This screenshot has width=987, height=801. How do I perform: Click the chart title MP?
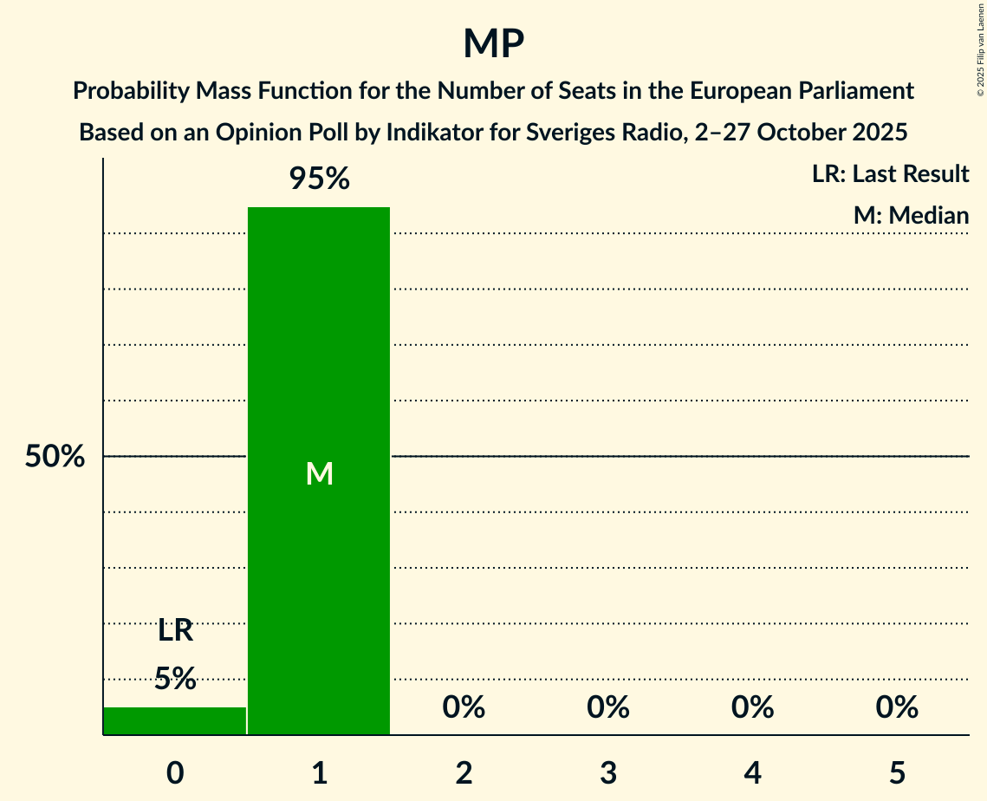click(493, 43)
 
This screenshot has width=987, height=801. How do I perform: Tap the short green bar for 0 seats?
click(175, 721)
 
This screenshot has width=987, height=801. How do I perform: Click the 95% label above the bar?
click(319, 179)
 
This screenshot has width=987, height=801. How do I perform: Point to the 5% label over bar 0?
click(175, 679)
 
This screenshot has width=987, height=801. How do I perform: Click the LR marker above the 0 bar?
click(175, 631)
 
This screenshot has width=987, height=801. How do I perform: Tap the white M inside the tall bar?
click(319, 473)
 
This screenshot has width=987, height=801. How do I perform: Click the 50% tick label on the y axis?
click(55, 457)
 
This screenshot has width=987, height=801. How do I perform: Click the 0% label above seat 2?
click(464, 708)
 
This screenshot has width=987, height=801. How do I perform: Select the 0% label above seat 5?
click(896, 708)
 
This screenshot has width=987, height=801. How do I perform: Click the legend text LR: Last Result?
click(890, 174)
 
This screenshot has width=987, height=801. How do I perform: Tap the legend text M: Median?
click(911, 215)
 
